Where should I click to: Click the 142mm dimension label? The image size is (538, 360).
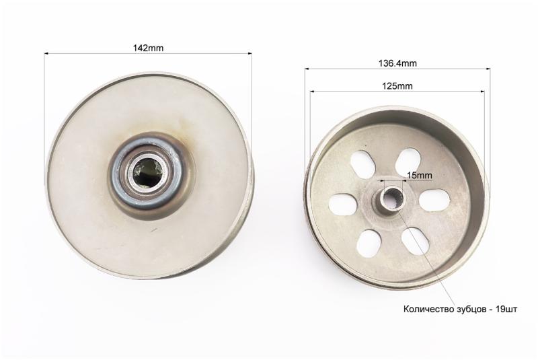point(148,48)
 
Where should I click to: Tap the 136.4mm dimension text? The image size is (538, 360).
point(397,63)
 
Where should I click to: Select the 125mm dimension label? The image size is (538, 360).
point(397,86)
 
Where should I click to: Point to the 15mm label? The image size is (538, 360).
point(419,176)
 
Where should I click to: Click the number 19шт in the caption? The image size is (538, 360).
point(507,309)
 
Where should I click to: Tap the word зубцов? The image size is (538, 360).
point(469,310)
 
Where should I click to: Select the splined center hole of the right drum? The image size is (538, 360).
point(392,199)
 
